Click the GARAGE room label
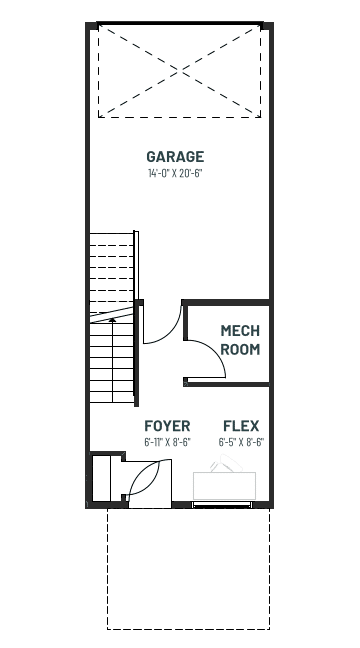(175, 157)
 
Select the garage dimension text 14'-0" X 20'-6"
(175, 173)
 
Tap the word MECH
(240, 331)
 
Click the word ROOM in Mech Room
(240, 349)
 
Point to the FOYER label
(167, 426)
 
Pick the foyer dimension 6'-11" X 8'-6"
(167, 442)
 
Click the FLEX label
(241, 426)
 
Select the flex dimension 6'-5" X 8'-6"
(241, 442)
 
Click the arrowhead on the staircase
(112, 319)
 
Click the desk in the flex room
(224, 486)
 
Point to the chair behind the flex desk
(226, 463)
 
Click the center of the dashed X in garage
(179, 71)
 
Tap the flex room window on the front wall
(222, 504)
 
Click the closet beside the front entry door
(101, 478)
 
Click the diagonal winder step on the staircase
(112, 314)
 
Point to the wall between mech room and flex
(227, 384)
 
